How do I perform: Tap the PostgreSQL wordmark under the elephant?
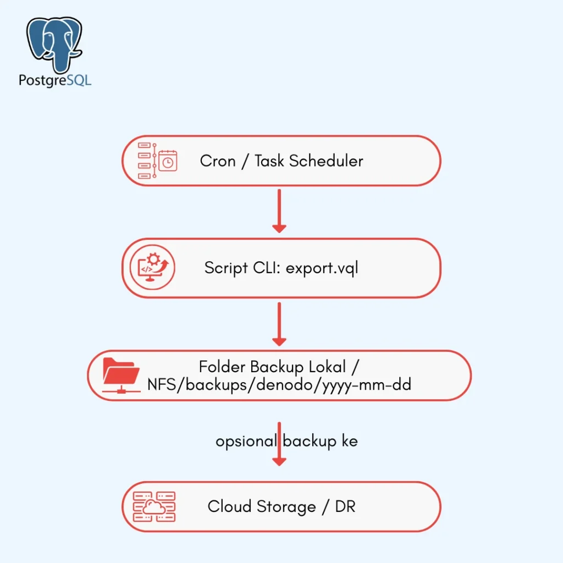click(x=55, y=80)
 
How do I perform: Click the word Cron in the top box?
click(x=218, y=161)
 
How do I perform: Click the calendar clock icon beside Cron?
click(x=157, y=161)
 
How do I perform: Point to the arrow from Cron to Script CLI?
click(x=279, y=211)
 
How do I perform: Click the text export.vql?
click(x=322, y=268)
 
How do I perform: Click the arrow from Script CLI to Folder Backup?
click(x=279, y=324)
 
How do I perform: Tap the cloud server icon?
click(x=154, y=506)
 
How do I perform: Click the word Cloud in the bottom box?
click(x=229, y=506)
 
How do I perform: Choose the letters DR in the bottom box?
click(x=345, y=506)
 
